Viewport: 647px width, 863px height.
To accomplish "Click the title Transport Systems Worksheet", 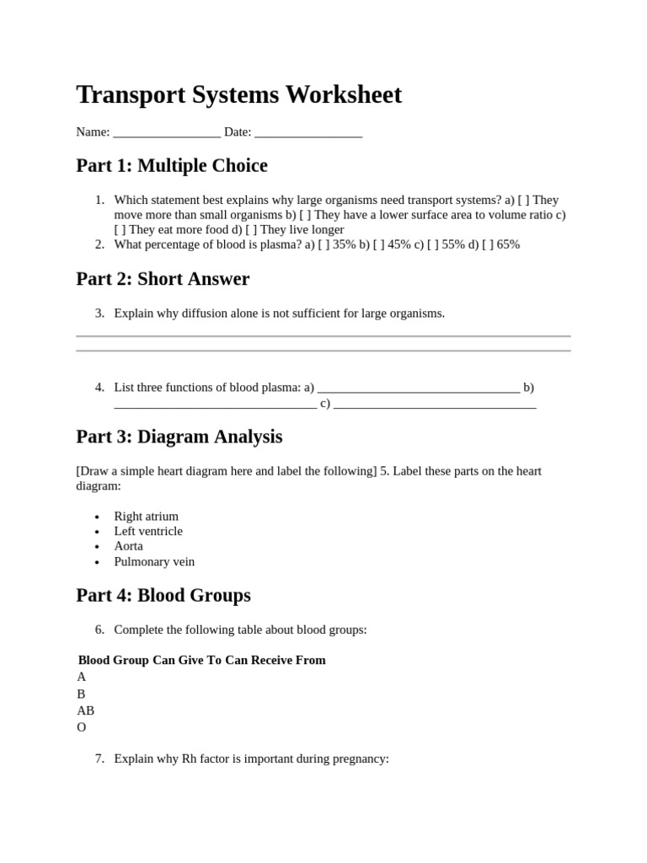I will (238, 94).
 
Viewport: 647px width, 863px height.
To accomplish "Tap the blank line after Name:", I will (166, 133).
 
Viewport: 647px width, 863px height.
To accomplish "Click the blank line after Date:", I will (307, 133).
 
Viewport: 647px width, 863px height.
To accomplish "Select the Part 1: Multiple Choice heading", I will (172, 166).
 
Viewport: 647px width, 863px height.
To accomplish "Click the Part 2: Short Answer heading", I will (163, 279).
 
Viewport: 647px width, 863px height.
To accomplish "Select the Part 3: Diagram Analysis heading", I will (179, 437).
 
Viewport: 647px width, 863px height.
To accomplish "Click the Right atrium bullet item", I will (147, 516).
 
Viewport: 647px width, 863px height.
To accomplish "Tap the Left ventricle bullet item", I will (148, 531).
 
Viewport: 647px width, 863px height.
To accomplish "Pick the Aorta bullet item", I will (128, 546).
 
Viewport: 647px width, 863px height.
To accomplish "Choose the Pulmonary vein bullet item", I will (154, 561).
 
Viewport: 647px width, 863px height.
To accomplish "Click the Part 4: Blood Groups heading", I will (163, 596).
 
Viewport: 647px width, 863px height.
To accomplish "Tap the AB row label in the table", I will (86, 710).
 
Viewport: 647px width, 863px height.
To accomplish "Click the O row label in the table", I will (82, 727).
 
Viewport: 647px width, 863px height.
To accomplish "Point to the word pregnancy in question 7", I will (359, 758).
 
